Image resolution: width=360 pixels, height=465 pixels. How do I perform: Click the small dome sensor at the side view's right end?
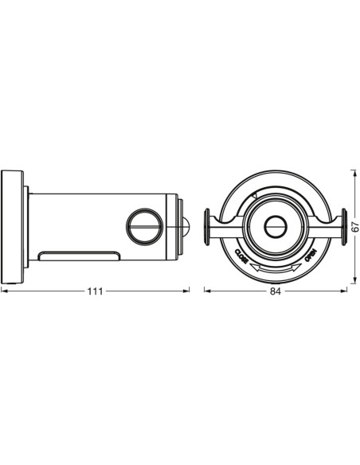pyautogui.click(x=186, y=225)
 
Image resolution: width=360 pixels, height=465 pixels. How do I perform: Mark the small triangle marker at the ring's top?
pyautogui.click(x=253, y=193)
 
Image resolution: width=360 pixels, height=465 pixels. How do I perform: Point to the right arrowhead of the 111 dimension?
pyautogui.click(x=187, y=291)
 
